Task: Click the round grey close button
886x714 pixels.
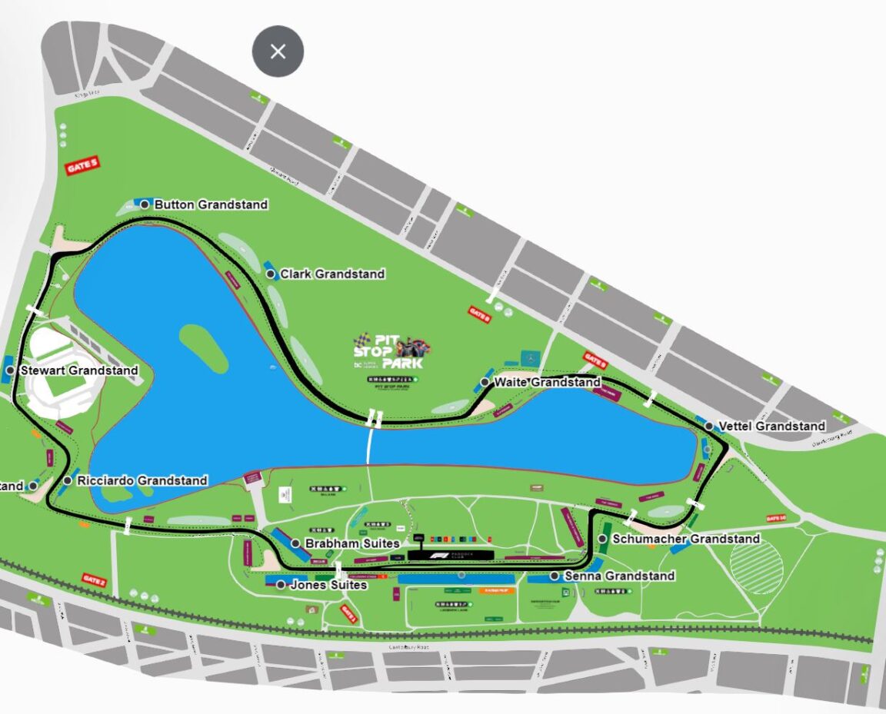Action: tap(278, 51)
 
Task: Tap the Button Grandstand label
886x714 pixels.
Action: tap(211, 204)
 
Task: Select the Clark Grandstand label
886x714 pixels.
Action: tap(332, 274)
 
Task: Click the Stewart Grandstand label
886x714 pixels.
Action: tap(79, 370)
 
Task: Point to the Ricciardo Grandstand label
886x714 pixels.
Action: tap(142, 480)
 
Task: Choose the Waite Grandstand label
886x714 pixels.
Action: tap(547, 382)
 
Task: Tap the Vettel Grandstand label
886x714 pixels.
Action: tap(771, 426)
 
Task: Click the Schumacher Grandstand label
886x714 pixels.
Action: tap(685, 539)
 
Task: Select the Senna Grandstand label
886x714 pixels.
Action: tap(619, 576)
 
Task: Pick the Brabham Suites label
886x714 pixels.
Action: tap(352, 543)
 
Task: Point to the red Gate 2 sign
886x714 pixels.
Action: tap(93, 579)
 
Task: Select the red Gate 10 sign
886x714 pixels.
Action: tap(776, 519)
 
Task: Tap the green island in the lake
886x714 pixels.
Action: tap(203, 345)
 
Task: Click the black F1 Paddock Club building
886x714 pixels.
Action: tap(451, 554)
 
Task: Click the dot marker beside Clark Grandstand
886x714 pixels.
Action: tap(271, 274)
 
